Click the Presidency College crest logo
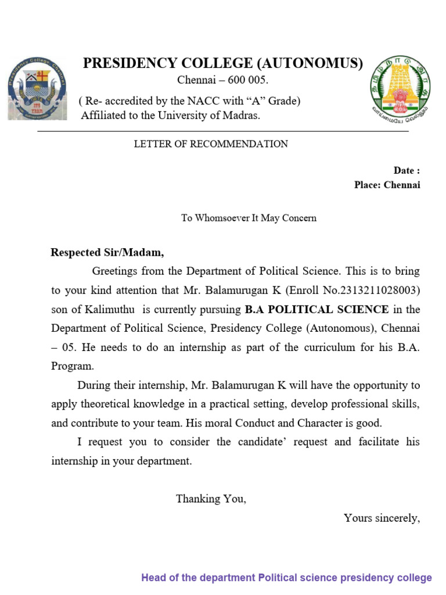point(36,89)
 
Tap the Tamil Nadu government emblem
point(401,87)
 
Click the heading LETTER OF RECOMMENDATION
point(211,144)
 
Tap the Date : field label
point(406,170)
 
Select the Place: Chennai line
point(387,185)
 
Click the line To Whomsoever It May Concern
point(249,218)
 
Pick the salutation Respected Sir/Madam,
point(107,252)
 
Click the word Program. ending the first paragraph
point(72,366)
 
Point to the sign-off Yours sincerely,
point(381,518)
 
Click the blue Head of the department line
point(286,578)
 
